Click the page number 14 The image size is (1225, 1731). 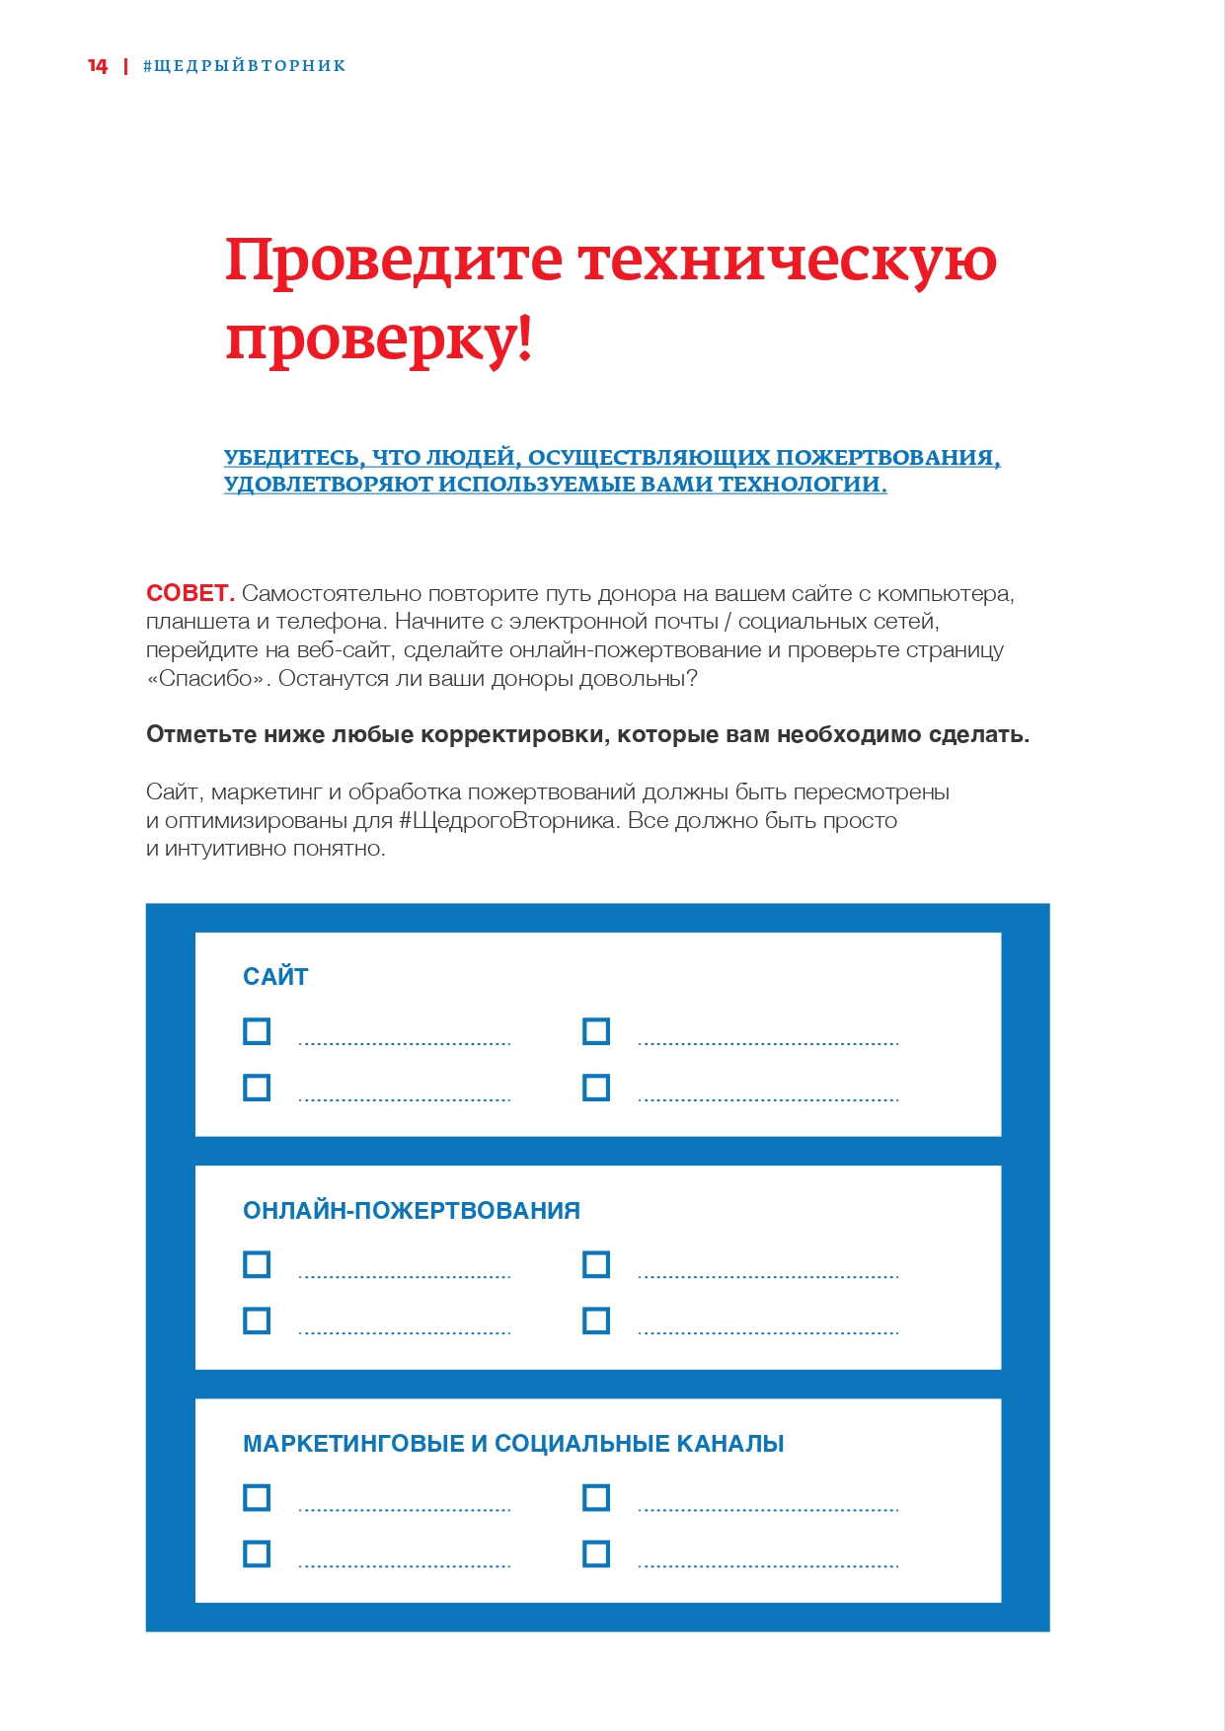coord(97,66)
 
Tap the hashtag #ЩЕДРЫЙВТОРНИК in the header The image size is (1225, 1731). coord(245,66)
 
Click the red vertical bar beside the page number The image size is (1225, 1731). coord(125,66)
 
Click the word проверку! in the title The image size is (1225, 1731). coord(379,340)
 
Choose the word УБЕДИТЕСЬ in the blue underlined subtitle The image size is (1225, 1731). coord(291,458)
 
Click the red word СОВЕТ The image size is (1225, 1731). coord(190,593)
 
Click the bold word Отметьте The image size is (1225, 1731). coord(201,735)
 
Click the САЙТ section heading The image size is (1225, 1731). coord(275,977)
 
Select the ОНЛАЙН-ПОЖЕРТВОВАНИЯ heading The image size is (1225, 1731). coord(412,1211)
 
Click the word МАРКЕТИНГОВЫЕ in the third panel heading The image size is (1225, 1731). coord(353,1444)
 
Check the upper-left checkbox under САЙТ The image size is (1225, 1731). coord(257,1031)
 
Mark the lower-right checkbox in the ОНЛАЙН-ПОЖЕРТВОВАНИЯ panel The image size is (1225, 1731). coord(596,1320)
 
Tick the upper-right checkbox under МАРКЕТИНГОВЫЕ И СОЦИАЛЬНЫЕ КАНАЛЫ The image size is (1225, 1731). coord(596,1497)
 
